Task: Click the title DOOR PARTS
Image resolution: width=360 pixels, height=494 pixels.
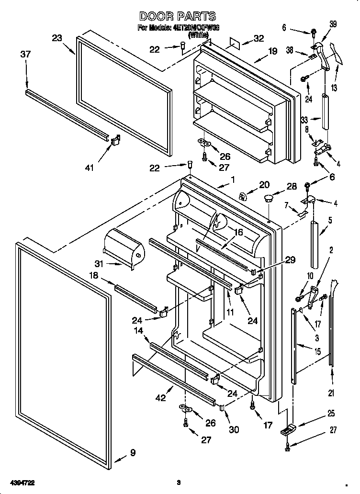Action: coord(177,17)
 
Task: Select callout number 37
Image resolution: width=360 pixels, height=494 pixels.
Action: coord(25,55)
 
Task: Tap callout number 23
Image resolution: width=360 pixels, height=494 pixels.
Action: coord(57,38)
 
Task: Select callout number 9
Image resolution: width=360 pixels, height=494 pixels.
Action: coord(133,452)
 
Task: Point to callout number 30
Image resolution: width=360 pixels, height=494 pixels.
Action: coord(234,429)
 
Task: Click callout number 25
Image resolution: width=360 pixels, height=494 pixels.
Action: coord(331,414)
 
